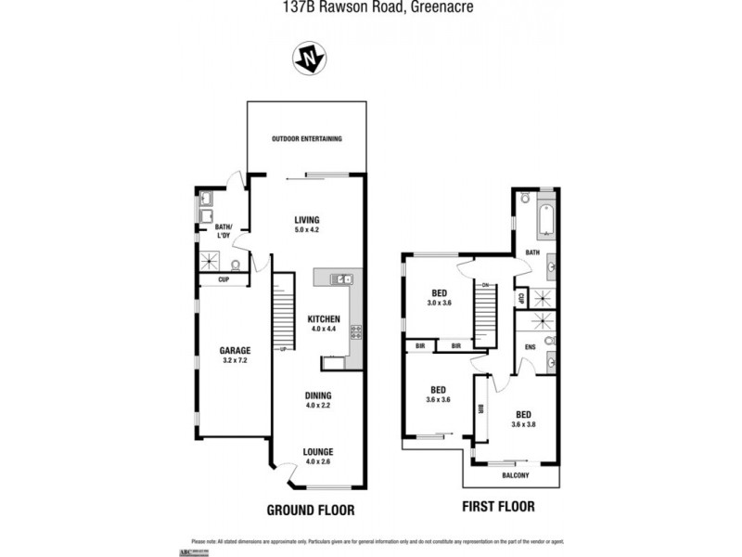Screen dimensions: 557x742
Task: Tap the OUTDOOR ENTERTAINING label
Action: click(307, 139)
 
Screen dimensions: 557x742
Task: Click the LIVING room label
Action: click(307, 219)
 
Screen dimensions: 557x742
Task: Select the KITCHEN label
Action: click(325, 319)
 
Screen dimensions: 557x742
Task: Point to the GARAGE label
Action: click(236, 350)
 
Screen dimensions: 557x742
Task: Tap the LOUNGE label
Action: click(318, 452)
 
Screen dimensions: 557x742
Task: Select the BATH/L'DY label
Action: click(224, 229)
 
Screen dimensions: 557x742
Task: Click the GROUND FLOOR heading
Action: click(311, 510)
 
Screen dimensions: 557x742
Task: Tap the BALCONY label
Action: click(516, 476)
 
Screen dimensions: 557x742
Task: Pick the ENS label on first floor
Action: click(531, 347)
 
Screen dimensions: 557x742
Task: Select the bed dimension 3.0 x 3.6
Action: click(439, 303)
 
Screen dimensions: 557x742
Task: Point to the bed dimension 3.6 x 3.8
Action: click(524, 424)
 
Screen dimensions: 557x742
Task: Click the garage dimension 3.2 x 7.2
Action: click(236, 360)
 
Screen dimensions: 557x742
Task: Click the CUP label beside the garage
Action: click(224, 278)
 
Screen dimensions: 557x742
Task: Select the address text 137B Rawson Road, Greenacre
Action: click(370, 7)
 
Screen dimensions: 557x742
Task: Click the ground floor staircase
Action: click(282, 311)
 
